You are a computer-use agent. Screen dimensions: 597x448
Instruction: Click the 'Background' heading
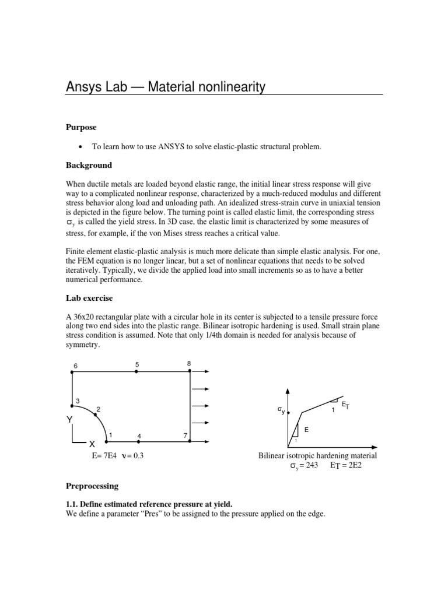88,166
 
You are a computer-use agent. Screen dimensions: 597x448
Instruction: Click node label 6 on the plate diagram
75,366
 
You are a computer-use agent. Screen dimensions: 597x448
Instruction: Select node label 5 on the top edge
137,364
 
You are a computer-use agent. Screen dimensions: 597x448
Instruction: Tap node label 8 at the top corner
188,364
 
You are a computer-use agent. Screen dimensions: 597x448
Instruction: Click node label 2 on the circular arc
99,409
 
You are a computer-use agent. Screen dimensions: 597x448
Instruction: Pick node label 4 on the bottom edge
139,436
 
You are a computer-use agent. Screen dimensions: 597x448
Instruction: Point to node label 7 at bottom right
184,436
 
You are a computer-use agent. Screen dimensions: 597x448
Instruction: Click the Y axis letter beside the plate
69,420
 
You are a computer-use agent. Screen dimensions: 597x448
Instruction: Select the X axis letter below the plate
92,444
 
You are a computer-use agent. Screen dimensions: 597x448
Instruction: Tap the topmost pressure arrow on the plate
201,371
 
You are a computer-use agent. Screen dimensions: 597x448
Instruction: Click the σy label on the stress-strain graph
281,412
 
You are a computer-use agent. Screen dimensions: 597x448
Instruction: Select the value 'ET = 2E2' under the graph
346,466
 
